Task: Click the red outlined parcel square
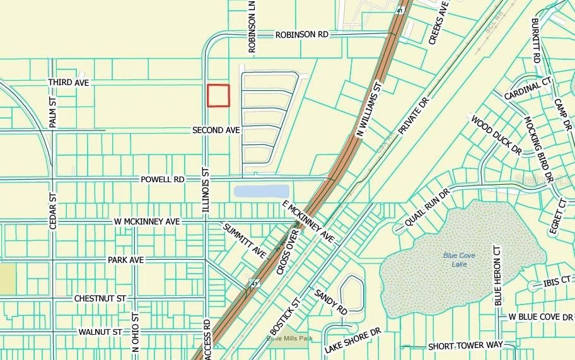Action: [218, 96]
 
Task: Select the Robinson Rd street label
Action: [301, 35]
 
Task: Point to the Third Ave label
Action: [70, 83]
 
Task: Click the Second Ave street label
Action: [216, 130]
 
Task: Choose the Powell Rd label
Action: [163, 180]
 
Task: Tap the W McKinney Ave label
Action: [147, 222]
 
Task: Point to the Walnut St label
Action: [100, 332]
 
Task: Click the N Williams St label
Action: [370, 108]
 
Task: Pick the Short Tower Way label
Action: [465, 346]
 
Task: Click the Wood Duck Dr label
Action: [496, 134]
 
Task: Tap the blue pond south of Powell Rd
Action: [261, 191]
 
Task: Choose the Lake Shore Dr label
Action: [354, 340]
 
